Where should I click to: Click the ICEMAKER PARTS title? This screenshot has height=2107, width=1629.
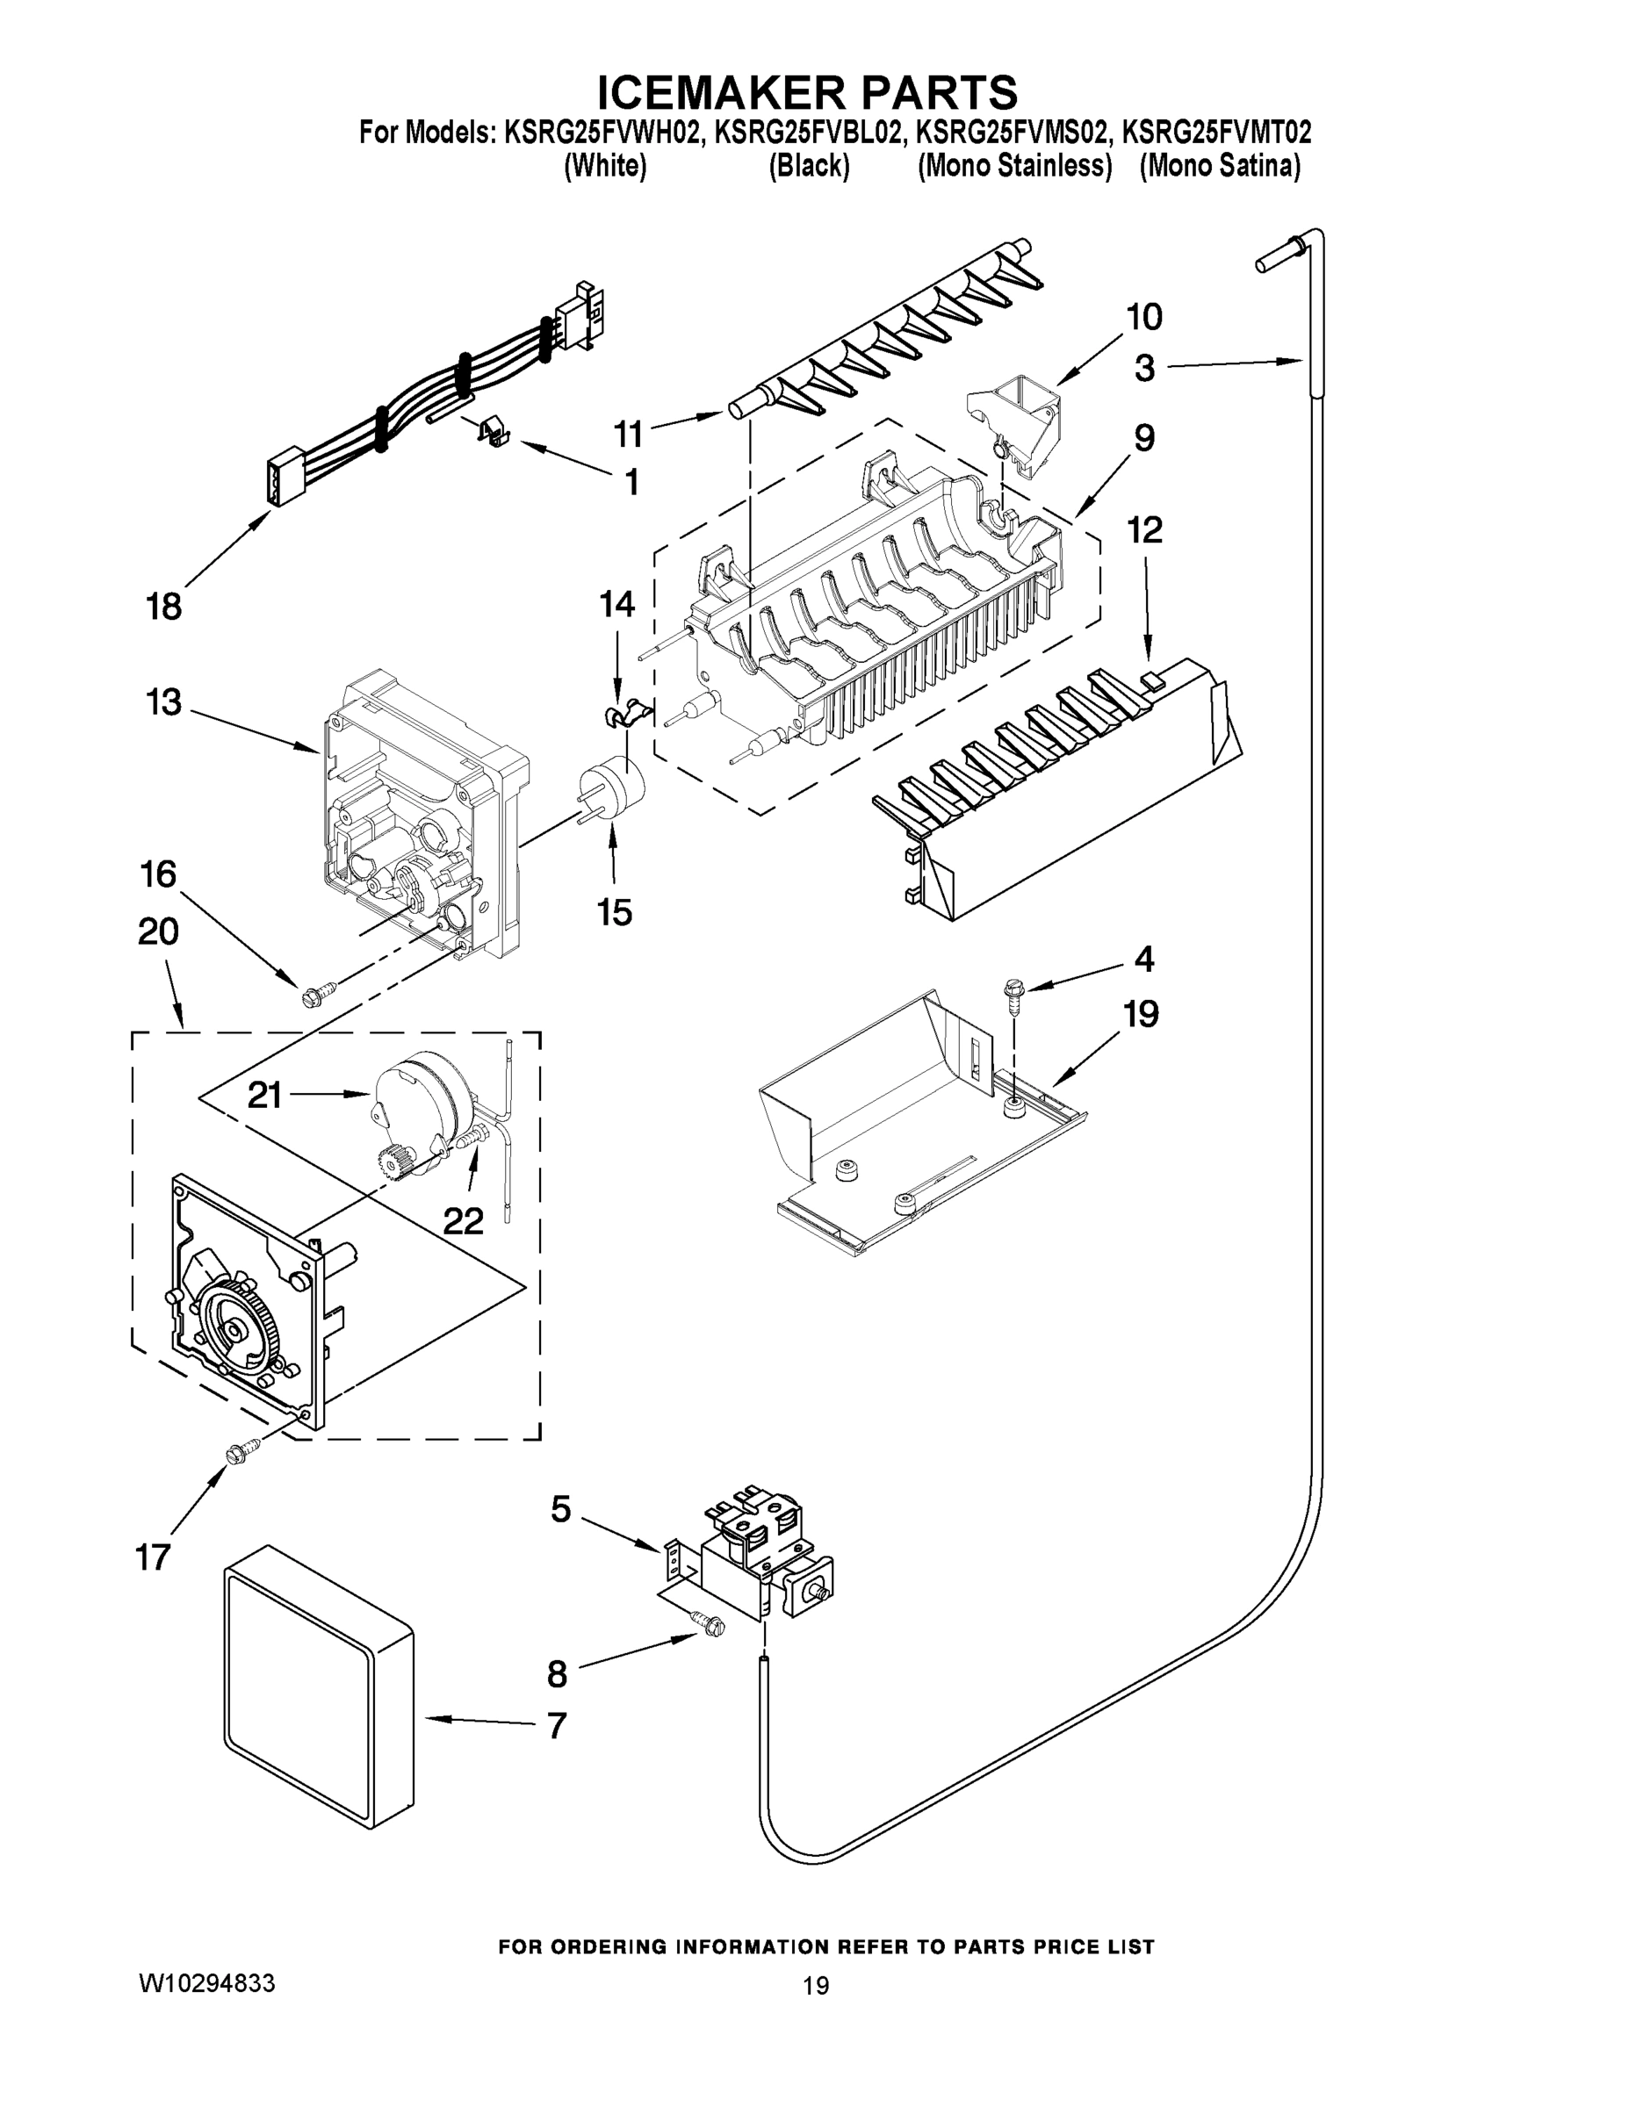[x=807, y=92]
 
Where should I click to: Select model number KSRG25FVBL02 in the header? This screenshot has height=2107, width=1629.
[x=809, y=133]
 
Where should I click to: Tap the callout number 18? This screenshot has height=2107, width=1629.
[x=163, y=607]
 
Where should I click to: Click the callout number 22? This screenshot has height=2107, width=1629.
[x=462, y=1221]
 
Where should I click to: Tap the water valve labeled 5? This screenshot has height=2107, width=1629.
[x=762, y=1558]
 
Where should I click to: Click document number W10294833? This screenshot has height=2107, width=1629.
[x=207, y=1982]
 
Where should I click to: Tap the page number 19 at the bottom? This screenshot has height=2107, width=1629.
[x=816, y=1984]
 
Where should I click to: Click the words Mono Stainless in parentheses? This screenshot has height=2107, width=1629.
[x=1014, y=166]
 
